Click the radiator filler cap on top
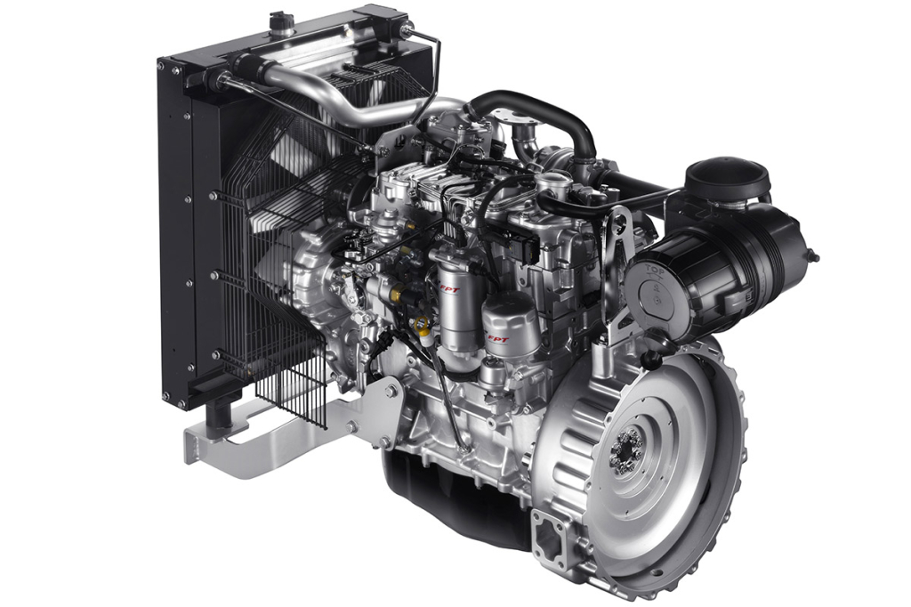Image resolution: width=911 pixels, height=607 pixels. point(282,20)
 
